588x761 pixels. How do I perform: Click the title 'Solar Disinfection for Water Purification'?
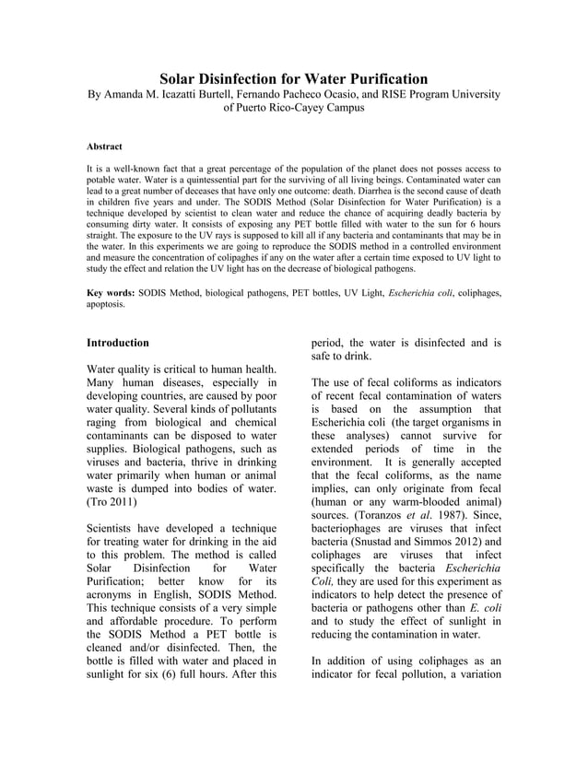(294, 78)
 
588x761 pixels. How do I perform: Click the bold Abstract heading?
(104, 146)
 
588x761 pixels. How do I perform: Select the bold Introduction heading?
(118, 343)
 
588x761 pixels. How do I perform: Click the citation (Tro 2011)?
(112, 504)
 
